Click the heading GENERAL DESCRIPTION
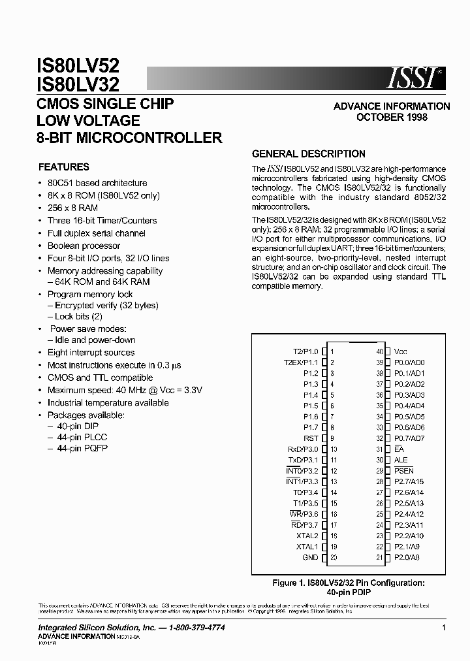309,154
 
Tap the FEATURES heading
64,167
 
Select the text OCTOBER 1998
392,118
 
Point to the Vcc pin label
400,351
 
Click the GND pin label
310,557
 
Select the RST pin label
311,438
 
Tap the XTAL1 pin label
307,547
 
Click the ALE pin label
401,460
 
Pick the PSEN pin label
404,471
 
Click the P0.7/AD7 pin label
409,438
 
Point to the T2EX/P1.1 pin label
300,363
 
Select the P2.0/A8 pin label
407,557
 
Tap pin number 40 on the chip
379,351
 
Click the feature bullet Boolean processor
84,246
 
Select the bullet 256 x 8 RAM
72,208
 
